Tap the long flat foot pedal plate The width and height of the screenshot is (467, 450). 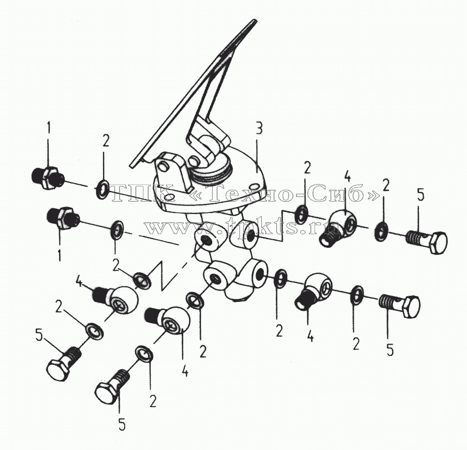193,93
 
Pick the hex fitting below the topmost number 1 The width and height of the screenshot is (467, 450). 47,178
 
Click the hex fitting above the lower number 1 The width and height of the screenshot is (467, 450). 63,219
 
